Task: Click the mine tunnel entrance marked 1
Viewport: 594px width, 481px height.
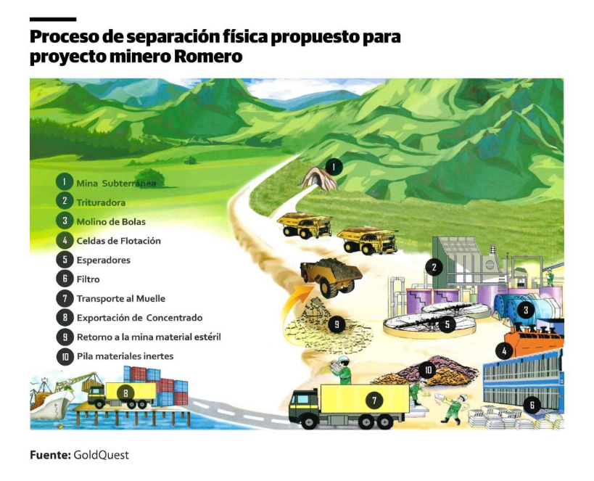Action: (318, 179)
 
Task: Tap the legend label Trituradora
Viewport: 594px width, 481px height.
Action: (101, 203)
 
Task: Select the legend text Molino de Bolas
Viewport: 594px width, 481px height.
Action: (111, 222)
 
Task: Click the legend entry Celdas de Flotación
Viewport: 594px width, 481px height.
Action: (118, 241)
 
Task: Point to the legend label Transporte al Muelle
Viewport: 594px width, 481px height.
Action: (121, 299)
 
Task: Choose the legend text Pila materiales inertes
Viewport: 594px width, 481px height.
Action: (125, 356)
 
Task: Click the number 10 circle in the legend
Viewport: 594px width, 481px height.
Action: (65, 356)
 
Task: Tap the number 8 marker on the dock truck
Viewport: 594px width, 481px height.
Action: (125, 393)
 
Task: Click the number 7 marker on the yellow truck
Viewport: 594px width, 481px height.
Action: (374, 400)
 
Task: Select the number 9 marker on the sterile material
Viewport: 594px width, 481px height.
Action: (337, 324)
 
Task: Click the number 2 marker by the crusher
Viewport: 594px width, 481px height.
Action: (434, 267)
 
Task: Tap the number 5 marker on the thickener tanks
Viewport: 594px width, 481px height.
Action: (447, 324)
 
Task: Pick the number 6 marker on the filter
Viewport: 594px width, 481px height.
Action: (532, 406)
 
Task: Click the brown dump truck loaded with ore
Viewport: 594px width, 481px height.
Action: (331, 276)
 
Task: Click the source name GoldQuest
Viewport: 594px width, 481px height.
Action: (101, 455)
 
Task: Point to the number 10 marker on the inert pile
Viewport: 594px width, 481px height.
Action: (428, 369)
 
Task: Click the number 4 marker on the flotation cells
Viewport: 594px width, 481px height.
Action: (504, 351)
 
